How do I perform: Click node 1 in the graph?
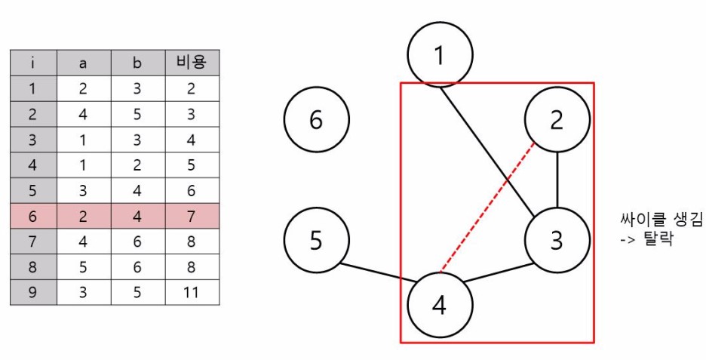pos(440,54)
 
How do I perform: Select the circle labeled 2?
pos(557,120)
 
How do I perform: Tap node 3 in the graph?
pos(557,240)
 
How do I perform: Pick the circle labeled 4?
pos(440,305)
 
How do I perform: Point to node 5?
pos(317,240)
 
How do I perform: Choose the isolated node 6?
pos(317,120)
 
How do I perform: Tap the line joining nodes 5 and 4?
pos(375,274)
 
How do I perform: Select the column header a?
pos(83,63)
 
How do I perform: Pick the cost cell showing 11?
pos(192,292)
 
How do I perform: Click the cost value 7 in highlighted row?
pos(192,216)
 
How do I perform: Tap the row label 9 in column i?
pos(32,292)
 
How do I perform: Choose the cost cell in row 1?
pos(192,89)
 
